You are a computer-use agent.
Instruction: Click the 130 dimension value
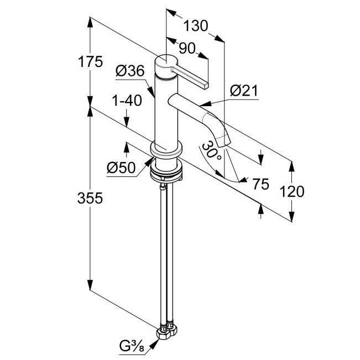click(195, 25)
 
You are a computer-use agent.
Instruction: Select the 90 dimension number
click(187, 48)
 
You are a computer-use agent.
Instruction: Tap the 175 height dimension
click(91, 61)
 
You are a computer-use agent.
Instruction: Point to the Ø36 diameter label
click(131, 71)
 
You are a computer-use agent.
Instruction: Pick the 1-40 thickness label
click(127, 101)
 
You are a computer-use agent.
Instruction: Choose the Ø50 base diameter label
click(122, 167)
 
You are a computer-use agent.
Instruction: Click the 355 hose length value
click(91, 198)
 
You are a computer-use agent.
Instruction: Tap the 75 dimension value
click(260, 184)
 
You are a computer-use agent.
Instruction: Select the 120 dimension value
click(292, 191)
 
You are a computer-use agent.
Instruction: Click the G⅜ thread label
click(132, 347)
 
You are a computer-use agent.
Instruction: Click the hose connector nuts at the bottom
click(167, 331)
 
